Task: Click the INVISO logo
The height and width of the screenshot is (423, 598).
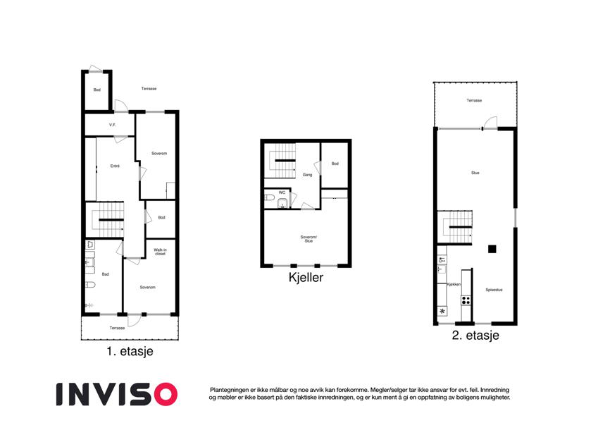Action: click(117, 394)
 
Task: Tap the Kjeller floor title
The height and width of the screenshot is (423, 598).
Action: click(306, 277)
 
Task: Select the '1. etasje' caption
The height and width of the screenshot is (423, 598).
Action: click(130, 351)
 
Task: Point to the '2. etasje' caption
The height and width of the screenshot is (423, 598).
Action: click(475, 335)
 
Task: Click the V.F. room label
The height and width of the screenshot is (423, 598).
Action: click(112, 125)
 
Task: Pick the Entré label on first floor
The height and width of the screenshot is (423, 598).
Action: click(115, 166)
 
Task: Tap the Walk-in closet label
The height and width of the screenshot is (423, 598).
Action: click(160, 252)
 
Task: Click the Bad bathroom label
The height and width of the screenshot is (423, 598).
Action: click(105, 274)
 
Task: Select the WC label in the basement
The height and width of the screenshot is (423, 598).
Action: click(282, 192)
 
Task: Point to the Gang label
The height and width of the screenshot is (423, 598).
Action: click(307, 175)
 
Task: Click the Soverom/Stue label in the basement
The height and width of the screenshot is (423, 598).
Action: click(309, 239)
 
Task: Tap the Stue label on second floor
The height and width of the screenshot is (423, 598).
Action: click(475, 173)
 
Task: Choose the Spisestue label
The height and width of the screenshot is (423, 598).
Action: click(494, 290)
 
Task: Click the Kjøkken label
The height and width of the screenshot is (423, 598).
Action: click(454, 284)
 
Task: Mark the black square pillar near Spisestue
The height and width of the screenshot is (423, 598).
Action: click(492, 249)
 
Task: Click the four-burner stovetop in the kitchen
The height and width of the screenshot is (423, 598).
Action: click(466, 300)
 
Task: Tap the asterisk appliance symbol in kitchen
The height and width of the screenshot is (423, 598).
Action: click(442, 311)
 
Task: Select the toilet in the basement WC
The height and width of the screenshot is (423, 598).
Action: click(269, 198)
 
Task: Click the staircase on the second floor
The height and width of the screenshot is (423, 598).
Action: click(458, 227)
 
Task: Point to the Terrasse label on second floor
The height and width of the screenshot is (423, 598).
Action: click(474, 100)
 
